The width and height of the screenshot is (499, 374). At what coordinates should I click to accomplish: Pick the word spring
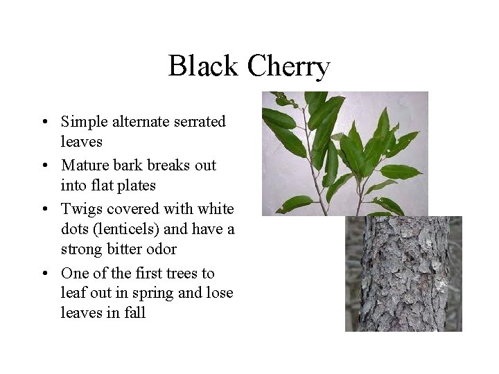(153, 292)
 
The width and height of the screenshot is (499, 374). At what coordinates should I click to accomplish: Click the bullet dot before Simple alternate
(44, 123)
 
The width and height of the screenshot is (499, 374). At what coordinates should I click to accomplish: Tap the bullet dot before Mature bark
(44, 166)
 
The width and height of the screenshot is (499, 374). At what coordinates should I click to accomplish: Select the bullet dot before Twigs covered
(44, 209)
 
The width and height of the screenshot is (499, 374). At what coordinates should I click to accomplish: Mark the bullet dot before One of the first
(44, 273)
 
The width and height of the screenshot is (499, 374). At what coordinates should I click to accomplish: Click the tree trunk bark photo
(403, 277)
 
